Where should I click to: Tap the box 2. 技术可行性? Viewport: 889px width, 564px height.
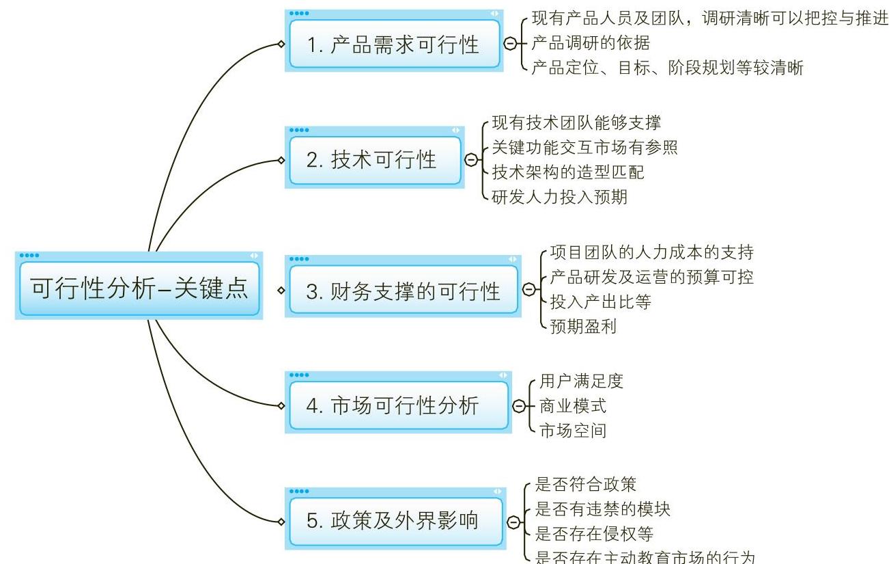pyautogui.click(x=374, y=161)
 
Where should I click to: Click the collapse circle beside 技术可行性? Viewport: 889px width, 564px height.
pyautogui.click(x=470, y=160)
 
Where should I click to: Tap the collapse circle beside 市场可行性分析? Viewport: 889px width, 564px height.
pyautogui.click(x=518, y=406)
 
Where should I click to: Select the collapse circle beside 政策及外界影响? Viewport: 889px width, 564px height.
pyautogui.click(x=513, y=522)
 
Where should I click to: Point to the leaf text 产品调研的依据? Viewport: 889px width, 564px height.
pyautogui.click(x=591, y=42)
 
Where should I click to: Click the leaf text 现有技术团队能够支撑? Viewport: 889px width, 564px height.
pyautogui.click(x=576, y=123)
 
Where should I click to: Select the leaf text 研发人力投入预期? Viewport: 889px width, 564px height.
pyautogui.click(x=559, y=197)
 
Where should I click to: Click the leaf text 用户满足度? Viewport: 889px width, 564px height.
pyautogui.click(x=581, y=381)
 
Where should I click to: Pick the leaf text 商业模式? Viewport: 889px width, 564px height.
pyautogui.click(x=572, y=406)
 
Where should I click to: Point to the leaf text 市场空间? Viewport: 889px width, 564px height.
pyautogui.click(x=572, y=431)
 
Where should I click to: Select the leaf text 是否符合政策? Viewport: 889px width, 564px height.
pyautogui.click(x=585, y=485)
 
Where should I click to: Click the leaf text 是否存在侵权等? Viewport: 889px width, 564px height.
pyautogui.click(x=594, y=534)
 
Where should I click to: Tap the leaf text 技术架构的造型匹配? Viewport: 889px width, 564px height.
pyautogui.click(x=567, y=172)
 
